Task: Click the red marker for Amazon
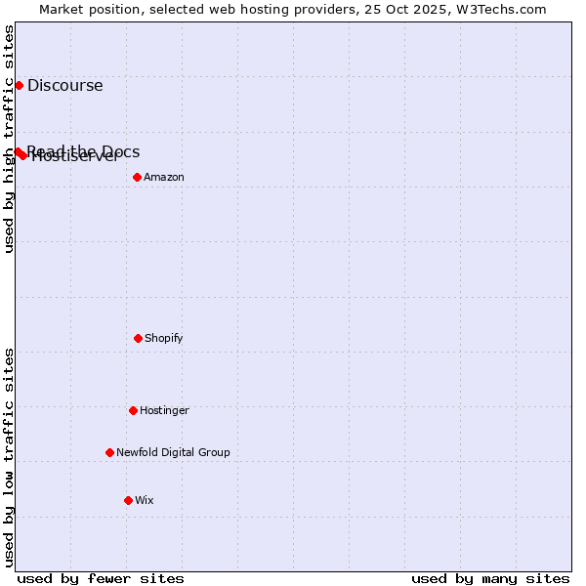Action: (x=137, y=177)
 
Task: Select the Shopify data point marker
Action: (x=138, y=338)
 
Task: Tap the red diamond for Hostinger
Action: (x=133, y=410)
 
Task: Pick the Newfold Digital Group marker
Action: (x=109, y=452)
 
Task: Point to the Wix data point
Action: (x=128, y=500)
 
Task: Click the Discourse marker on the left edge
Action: (x=19, y=85)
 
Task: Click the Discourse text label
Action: (x=64, y=85)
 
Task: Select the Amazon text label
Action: (x=164, y=177)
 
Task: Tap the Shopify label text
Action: (x=164, y=338)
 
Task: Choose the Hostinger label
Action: (x=164, y=410)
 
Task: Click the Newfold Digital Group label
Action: (x=173, y=452)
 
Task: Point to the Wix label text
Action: (x=145, y=500)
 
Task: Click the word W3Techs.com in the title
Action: (x=504, y=9)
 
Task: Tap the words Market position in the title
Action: (x=84, y=9)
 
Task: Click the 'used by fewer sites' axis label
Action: (x=101, y=578)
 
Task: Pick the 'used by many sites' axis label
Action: (x=490, y=578)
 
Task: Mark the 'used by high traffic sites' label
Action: (x=9, y=139)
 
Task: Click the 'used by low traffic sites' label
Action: (x=9, y=457)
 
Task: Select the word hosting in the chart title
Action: (x=272, y=9)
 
